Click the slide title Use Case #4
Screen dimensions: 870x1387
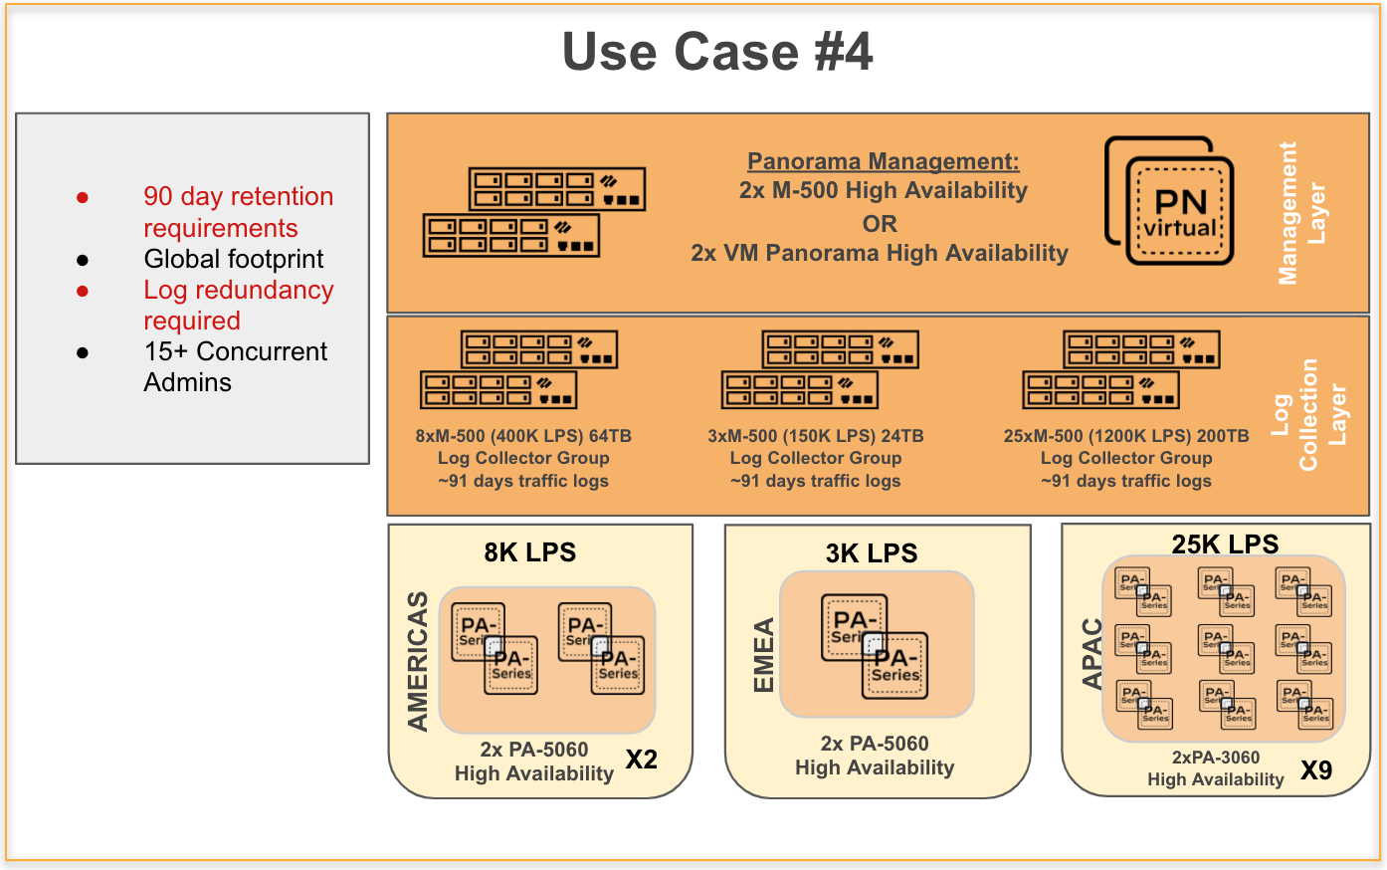coord(717,52)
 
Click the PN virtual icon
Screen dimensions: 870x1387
coord(1170,201)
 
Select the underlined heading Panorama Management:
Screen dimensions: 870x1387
coord(883,161)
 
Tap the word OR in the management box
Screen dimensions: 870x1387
coord(880,223)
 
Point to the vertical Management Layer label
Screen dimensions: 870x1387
coord(1301,213)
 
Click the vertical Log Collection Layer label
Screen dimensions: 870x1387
coord(1308,414)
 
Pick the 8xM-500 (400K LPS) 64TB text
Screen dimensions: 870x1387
coord(523,436)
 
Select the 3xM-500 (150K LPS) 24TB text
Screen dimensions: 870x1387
coord(815,436)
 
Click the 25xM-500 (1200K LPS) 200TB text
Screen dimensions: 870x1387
coord(1126,436)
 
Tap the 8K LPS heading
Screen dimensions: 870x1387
coord(529,552)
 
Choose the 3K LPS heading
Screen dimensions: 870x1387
coord(872,553)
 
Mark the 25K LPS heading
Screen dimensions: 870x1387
coord(1225,544)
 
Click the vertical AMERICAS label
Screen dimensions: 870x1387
coord(418,661)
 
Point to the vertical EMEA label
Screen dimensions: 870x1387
coord(763,655)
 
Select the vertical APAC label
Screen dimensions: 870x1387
coord(1092,653)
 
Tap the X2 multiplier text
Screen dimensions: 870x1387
coord(641,760)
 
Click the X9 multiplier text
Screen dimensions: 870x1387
coord(1315,770)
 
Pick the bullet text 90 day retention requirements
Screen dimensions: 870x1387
coord(238,212)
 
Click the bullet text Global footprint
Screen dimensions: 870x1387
coord(234,259)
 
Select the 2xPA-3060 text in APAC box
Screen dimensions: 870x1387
coord(1215,758)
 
